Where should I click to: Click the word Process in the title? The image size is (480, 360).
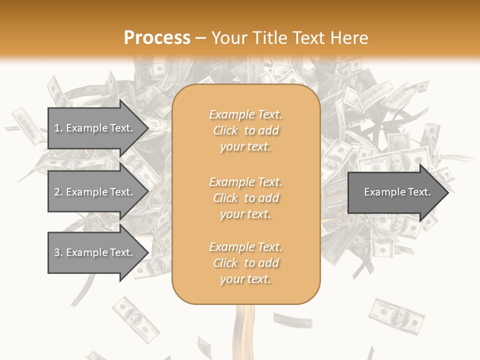[157, 38]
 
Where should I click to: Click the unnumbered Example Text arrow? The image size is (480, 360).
[395, 192]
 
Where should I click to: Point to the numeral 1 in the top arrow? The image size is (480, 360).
[57, 128]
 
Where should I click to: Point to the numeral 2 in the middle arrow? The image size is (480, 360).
[57, 192]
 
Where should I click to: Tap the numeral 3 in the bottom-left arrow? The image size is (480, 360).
[57, 252]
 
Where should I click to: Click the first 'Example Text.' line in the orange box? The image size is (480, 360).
[245, 114]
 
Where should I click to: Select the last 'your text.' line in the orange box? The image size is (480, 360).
[245, 279]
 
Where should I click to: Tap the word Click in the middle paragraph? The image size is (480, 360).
[225, 198]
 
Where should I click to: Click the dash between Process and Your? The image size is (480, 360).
[201, 38]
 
